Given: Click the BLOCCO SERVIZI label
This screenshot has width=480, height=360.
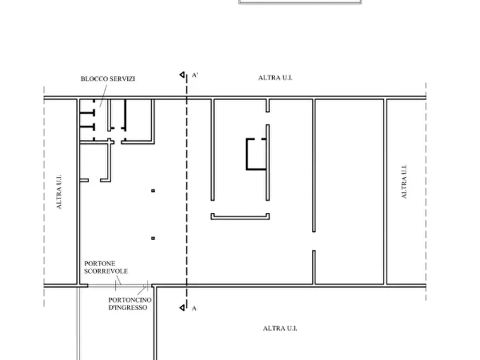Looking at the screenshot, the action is (108, 79).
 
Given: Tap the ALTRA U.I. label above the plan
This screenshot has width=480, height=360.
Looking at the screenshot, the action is (275, 78).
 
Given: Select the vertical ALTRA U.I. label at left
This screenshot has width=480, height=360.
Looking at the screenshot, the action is (59, 192).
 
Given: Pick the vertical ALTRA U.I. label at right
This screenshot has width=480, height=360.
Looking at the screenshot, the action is (404, 182).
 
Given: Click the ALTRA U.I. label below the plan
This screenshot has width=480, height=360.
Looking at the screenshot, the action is (280, 328).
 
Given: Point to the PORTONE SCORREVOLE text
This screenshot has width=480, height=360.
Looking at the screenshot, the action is (106, 267).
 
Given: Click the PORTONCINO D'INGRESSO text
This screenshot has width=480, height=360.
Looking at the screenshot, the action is (130, 304).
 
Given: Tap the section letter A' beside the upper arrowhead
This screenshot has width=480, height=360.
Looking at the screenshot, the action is (195, 75).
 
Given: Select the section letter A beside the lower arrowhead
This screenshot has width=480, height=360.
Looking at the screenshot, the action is (194, 308).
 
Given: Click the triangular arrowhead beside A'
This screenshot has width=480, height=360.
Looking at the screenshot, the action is (182, 75).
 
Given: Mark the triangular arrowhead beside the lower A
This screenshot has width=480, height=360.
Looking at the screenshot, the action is (182, 308).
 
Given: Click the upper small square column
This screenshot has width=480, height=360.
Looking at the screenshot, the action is (153, 191).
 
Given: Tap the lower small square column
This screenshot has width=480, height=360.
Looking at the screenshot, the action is (153, 238).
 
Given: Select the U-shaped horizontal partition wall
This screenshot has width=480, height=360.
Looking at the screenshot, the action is (240, 218).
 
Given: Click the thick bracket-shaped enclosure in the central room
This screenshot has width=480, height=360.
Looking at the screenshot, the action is (247, 154).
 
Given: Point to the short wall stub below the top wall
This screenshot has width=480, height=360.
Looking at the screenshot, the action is (268, 105).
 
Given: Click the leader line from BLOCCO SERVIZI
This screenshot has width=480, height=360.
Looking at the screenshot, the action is (103, 96).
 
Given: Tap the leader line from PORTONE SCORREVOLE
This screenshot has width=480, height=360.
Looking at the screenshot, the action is (118, 280).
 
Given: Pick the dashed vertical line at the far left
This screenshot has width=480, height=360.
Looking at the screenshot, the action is (44, 196).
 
